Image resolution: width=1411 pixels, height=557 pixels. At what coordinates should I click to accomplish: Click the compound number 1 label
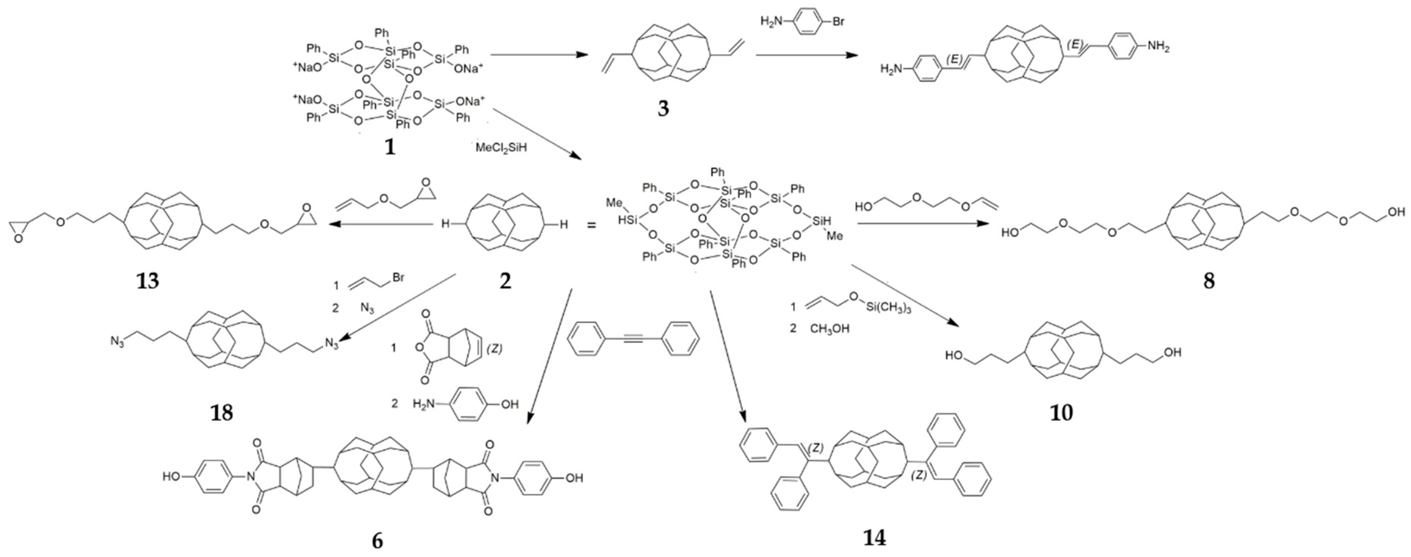(390, 147)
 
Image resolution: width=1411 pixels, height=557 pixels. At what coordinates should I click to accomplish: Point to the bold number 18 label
(221, 412)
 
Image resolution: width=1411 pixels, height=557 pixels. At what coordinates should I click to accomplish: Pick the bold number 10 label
(1061, 412)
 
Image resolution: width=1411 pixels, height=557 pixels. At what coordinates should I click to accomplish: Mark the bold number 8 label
(1208, 281)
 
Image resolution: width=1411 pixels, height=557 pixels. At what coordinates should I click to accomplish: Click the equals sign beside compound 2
(592, 225)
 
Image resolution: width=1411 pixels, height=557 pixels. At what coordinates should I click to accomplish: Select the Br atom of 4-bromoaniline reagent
(838, 22)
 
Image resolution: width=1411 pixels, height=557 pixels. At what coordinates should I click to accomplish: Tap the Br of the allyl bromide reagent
(398, 278)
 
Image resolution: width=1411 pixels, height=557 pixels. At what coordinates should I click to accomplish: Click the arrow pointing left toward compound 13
(383, 224)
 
